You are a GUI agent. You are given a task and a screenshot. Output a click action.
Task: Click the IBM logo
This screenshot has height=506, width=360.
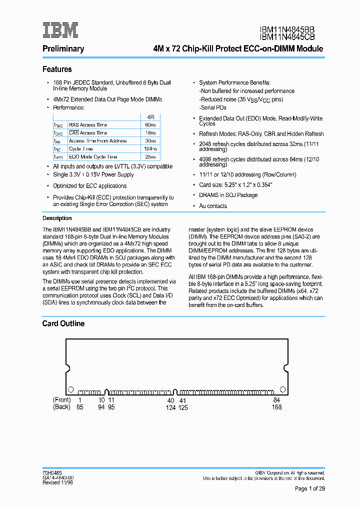60,30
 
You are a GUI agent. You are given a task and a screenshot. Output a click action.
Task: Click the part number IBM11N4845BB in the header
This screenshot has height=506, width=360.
287,30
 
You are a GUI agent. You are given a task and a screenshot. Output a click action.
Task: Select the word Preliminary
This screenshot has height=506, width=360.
63,49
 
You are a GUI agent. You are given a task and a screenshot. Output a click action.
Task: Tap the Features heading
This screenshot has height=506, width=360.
57,69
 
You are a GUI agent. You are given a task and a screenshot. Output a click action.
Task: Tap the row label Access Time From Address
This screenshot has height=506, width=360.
97,141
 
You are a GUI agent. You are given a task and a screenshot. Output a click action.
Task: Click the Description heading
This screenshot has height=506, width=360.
57,218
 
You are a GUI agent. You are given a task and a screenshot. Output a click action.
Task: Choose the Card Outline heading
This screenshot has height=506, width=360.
63,323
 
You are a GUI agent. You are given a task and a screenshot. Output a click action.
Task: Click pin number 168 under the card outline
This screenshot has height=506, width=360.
276,407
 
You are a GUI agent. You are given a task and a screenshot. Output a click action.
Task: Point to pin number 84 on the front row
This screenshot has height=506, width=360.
277,400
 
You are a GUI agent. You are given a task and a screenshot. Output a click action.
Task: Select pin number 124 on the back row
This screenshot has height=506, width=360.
171,407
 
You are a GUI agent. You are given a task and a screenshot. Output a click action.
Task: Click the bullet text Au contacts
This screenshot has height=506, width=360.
212,206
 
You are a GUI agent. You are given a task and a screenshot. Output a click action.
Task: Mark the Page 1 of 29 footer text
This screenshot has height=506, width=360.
310,488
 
